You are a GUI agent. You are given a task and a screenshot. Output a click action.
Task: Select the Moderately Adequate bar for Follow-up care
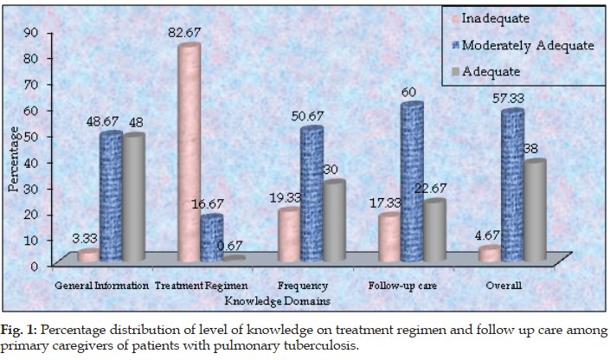click(x=411, y=182)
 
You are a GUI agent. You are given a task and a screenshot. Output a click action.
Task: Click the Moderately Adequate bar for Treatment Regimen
click(x=210, y=238)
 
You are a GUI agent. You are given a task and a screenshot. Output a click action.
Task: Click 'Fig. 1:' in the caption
click(x=19, y=330)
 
